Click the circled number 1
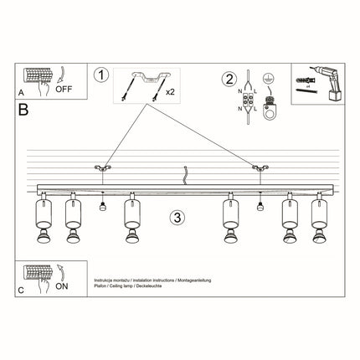(x=102, y=75)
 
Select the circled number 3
(x=177, y=217)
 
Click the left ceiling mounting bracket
(x=101, y=172)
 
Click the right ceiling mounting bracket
(x=260, y=172)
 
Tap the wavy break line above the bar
(x=184, y=176)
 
